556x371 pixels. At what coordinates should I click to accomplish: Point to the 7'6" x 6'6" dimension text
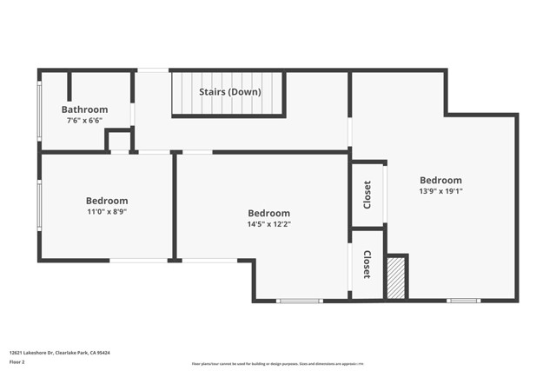(84, 120)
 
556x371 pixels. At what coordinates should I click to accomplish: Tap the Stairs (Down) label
(230, 92)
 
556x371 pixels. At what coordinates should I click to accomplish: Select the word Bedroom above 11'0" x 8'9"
(107, 201)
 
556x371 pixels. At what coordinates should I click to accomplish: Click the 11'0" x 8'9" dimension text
(107, 211)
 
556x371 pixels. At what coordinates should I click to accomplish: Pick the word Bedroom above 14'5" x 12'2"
(268, 213)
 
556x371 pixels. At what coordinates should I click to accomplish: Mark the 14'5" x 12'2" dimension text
(268, 223)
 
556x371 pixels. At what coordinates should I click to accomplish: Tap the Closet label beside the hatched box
(367, 264)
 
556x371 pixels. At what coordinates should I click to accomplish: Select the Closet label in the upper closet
(367, 194)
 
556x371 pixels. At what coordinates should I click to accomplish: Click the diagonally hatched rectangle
(396, 277)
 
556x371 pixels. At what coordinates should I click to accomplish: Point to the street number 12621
(18, 353)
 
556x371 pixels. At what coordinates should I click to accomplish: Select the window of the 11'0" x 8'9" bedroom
(38, 206)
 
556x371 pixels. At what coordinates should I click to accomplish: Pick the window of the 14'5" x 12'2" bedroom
(300, 301)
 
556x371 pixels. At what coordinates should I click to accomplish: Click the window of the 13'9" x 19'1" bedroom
(463, 301)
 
